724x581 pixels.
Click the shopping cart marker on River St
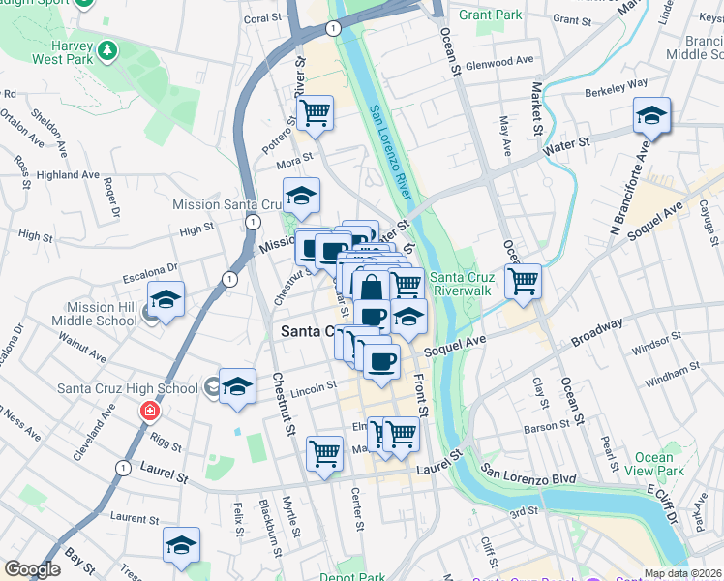click(316, 113)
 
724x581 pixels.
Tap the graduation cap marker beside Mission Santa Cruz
click(301, 197)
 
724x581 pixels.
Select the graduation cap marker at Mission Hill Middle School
click(166, 300)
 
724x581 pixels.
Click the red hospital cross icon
click(149, 411)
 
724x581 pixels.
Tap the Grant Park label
click(490, 15)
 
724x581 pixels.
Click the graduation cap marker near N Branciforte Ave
click(651, 116)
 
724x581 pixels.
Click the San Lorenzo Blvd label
click(529, 477)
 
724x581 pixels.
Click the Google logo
click(32, 569)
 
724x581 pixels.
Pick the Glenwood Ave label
click(499, 60)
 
